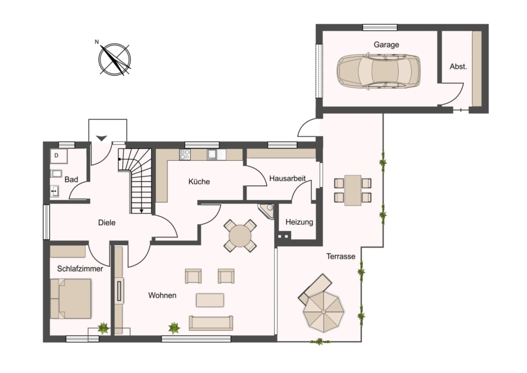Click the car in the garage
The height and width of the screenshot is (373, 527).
pos(378,71)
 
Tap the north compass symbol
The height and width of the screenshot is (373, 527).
pos(115,59)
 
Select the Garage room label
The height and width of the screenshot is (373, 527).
pos(386,45)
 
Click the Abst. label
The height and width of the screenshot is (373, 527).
pos(458,66)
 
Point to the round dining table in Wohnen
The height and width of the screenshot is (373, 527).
pos(240,236)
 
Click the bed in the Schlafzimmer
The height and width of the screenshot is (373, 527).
pos(71,299)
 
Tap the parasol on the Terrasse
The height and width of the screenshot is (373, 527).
pos(324,312)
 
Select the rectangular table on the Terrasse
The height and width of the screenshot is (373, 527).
pos(353,190)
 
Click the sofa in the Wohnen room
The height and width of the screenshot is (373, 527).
pos(211,323)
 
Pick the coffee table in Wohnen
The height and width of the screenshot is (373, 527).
pos(210,300)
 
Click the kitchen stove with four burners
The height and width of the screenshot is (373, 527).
pos(185,154)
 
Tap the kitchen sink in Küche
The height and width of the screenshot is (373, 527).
pos(213,154)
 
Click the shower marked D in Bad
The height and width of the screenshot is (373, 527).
pos(59,156)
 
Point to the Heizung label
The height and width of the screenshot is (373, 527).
pos(299,222)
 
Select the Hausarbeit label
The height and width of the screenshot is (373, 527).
pos(288,178)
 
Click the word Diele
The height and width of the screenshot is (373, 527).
pos(107,222)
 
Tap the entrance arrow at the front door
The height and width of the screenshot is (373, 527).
pos(101,138)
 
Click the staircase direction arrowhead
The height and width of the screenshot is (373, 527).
pos(142,211)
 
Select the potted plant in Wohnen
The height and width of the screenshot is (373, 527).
pos(174,328)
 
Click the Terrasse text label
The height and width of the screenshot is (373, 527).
pos(341,256)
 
